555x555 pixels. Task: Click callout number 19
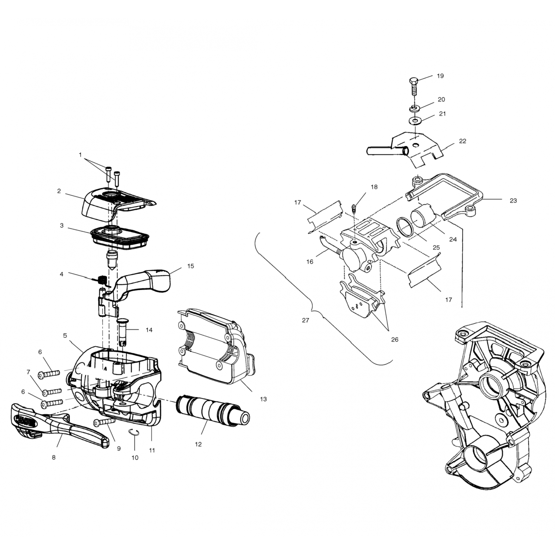440,76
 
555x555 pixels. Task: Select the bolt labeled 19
414,87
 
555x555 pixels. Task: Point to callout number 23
513,201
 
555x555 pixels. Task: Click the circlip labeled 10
135,433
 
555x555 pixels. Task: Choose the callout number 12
198,444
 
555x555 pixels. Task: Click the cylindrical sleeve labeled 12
212,411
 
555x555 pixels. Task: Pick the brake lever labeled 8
59,425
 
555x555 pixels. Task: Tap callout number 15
191,266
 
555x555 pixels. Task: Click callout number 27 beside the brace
305,320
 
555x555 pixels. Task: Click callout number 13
263,399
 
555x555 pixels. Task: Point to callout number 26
394,339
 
